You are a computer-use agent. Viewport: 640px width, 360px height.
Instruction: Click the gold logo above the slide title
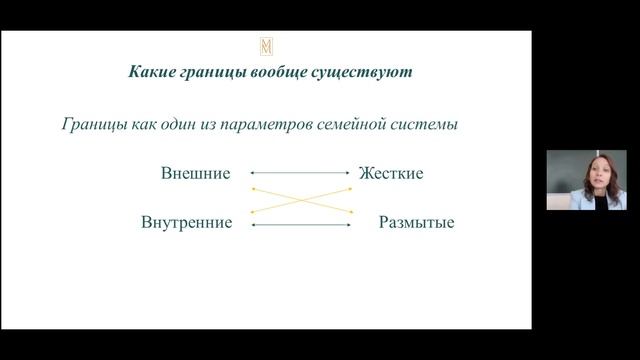click(x=266, y=46)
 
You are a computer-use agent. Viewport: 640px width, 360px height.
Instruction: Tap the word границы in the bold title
click(x=214, y=73)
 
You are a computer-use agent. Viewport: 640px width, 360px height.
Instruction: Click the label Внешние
click(x=195, y=173)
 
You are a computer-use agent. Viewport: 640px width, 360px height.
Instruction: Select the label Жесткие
click(x=391, y=173)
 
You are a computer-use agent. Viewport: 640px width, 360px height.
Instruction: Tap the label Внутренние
click(x=187, y=222)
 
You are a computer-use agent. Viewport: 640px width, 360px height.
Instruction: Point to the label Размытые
click(x=416, y=222)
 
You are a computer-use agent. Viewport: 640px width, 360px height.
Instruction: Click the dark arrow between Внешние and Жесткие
click(x=300, y=173)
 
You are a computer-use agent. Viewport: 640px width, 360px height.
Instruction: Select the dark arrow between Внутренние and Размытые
click(x=300, y=225)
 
